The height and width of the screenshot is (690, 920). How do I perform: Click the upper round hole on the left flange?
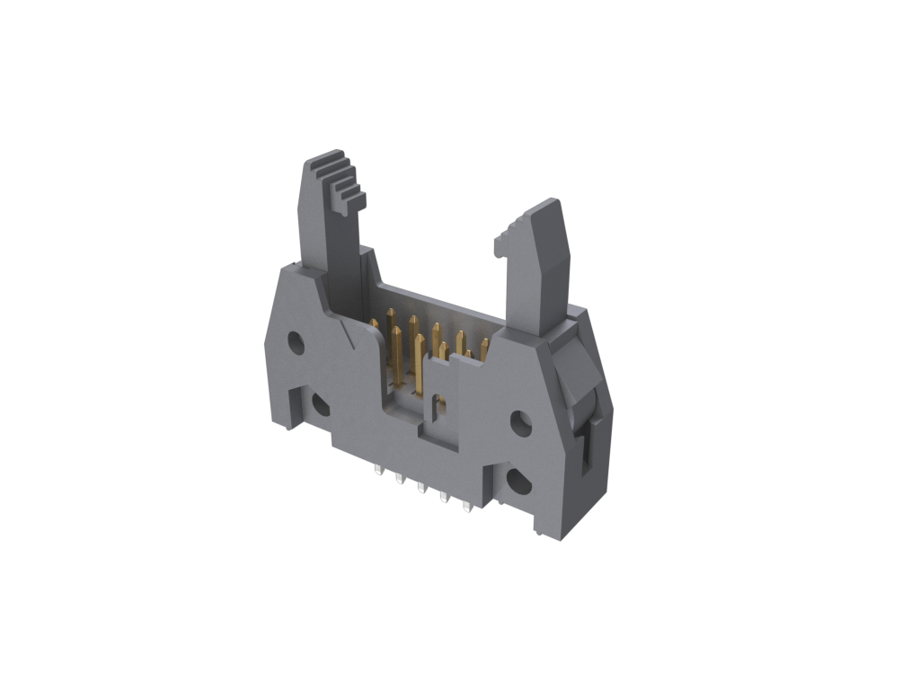[296, 341]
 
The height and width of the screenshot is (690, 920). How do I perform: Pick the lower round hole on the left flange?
[320, 405]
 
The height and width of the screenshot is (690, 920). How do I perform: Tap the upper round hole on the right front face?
[521, 421]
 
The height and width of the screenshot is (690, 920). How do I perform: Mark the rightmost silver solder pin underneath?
[466, 508]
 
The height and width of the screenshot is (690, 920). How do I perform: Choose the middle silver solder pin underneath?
[421, 488]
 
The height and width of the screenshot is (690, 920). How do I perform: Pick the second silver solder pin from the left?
[400, 479]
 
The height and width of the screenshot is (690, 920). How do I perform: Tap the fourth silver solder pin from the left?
[443, 498]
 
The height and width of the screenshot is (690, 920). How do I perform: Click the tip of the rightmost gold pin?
[484, 342]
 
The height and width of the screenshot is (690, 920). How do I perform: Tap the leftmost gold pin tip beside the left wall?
[375, 323]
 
